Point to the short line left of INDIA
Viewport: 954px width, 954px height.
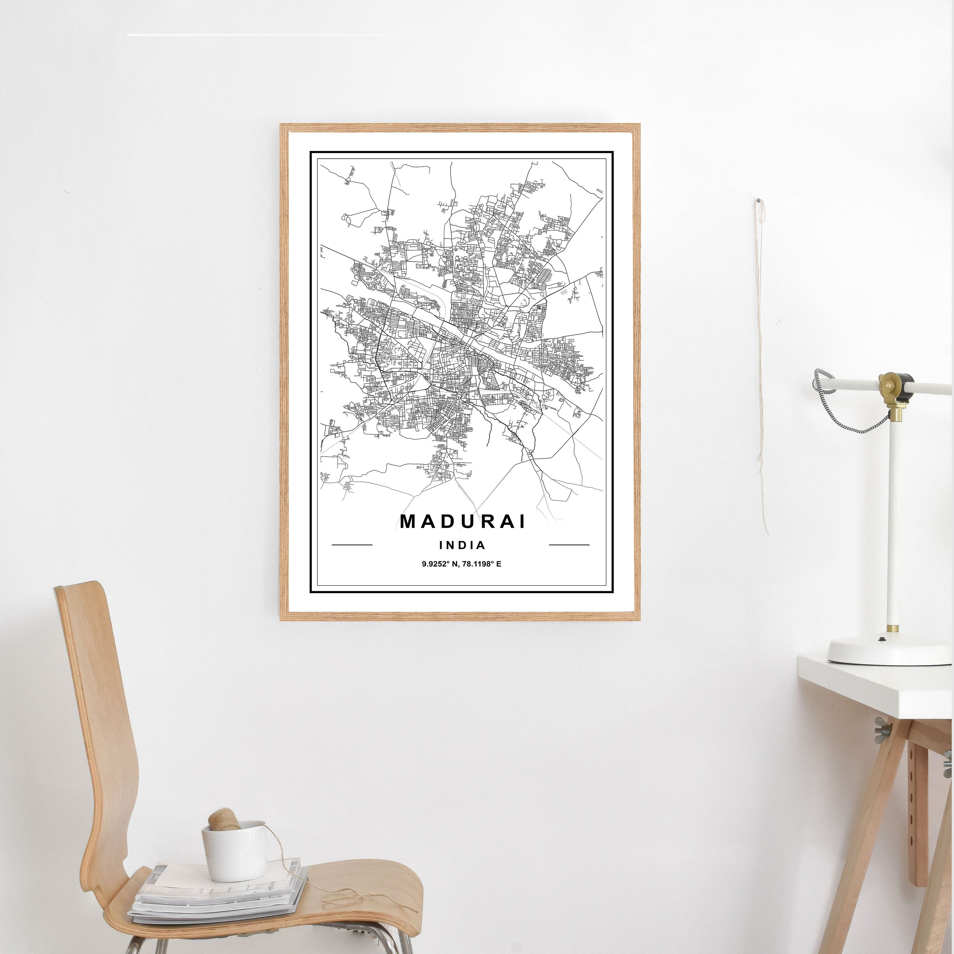click(x=352, y=545)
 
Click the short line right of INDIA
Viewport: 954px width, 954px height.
click(x=569, y=545)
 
